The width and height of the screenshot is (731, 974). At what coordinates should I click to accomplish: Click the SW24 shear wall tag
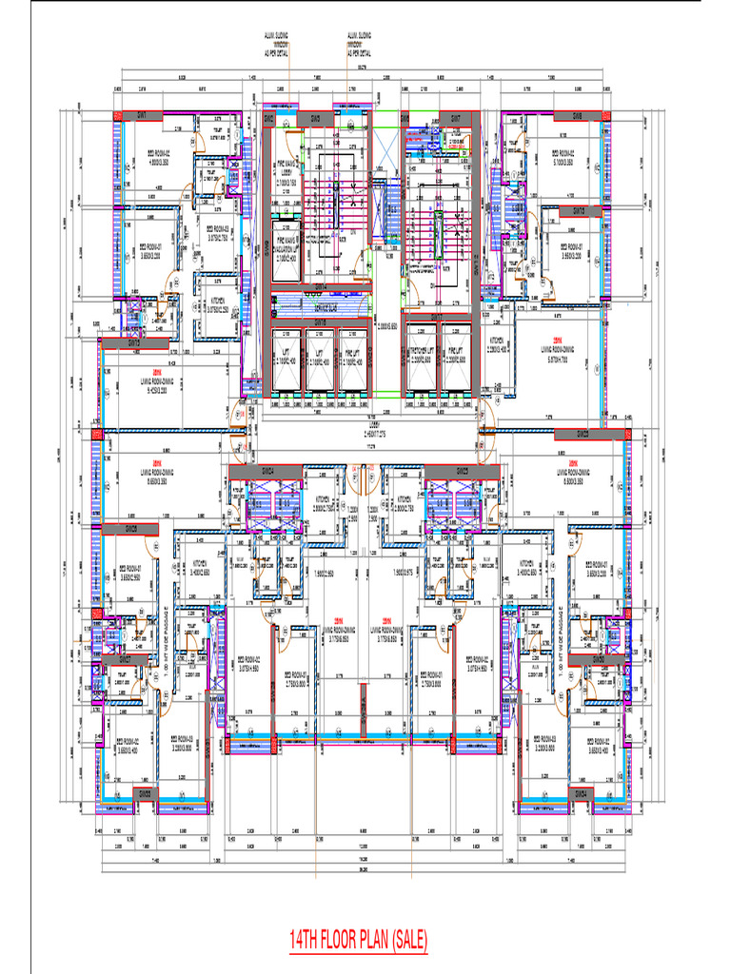(x=267, y=472)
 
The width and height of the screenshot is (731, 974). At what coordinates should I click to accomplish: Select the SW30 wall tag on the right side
(x=599, y=659)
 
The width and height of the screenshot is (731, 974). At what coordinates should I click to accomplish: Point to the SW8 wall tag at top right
(x=577, y=116)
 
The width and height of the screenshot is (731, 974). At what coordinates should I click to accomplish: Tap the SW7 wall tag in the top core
(x=455, y=118)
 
